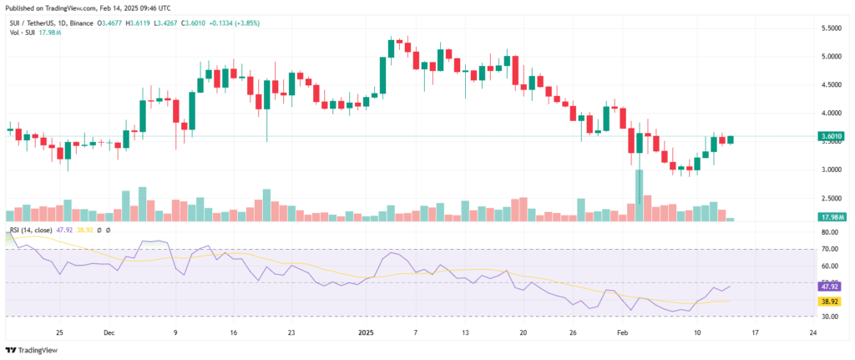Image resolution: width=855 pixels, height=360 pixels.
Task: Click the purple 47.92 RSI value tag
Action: point(829,286)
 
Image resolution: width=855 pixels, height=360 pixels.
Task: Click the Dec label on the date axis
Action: point(109,332)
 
